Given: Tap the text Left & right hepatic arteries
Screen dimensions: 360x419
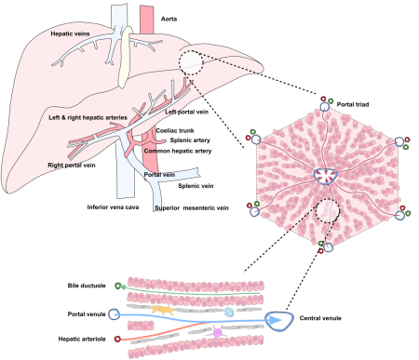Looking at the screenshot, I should point(88,118).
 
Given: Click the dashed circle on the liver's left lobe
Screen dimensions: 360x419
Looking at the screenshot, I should point(193,62).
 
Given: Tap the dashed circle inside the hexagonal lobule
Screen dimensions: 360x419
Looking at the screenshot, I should point(327,211).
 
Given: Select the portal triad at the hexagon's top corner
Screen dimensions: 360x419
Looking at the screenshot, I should point(326,105).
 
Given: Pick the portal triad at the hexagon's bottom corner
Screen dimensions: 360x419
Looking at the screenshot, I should point(326,247).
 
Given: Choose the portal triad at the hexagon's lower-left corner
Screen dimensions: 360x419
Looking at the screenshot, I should point(254,210).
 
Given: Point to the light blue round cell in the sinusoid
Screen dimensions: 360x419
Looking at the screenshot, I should point(230,313).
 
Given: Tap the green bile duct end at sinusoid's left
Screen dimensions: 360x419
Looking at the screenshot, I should point(118,287).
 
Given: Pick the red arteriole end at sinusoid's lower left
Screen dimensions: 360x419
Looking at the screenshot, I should point(117,340).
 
